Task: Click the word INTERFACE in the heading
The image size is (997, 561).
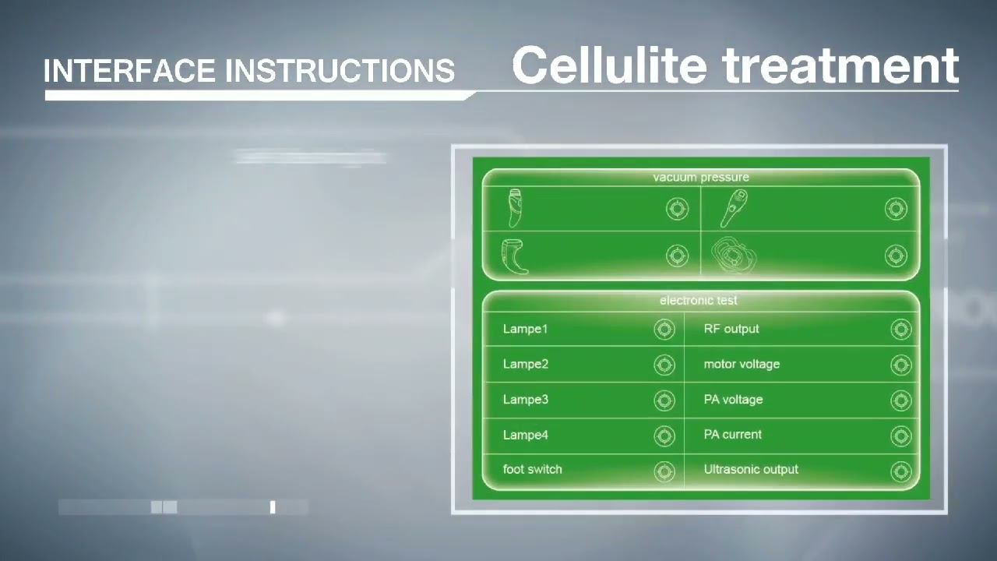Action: (130, 71)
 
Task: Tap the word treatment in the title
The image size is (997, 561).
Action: (841, 65)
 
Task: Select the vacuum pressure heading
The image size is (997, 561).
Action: (701, 178)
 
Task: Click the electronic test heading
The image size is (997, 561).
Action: (698, 300)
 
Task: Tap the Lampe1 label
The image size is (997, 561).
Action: (525, 329)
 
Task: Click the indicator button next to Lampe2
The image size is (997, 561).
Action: (664, 365)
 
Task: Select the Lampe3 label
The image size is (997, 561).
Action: (525, 400)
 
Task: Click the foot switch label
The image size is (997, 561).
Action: (532, 469)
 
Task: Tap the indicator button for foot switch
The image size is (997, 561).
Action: (664, 471)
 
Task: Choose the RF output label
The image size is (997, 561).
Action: (731, 329)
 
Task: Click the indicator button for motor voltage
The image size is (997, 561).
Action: (901, 365)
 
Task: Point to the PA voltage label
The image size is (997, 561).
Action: (733, 400)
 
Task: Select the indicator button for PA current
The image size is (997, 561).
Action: (901, 436)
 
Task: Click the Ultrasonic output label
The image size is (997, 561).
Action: (751, 469)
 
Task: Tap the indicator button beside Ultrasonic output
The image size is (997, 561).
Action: (901, 471)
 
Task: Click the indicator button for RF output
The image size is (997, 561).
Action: (901, 330)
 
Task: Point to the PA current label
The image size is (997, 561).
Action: (732, 434)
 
